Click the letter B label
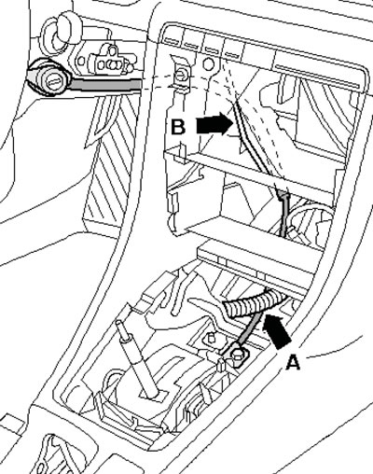(178, 127)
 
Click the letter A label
(293, 362)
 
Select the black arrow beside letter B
(215, 123)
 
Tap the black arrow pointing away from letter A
(277, 330)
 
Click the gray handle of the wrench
(105, 85)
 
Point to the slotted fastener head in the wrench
(54, 82)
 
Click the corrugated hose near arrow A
(254, 304)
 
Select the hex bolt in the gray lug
(237, 354)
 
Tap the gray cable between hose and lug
(249, 330)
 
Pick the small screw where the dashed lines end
(180, 75)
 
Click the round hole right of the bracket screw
(209, 64)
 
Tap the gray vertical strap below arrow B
(283, 214)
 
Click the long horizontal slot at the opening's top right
(317, 76)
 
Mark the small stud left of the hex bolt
(211, 337)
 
